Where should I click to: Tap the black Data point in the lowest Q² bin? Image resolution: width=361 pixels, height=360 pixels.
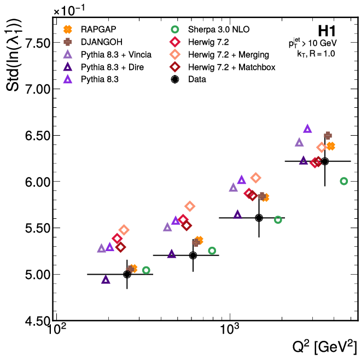click(x=127, y=274)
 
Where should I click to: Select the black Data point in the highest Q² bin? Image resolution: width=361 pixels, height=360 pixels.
click(x=325, y=161)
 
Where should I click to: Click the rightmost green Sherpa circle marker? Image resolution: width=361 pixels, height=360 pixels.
click(x=343, y=181)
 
